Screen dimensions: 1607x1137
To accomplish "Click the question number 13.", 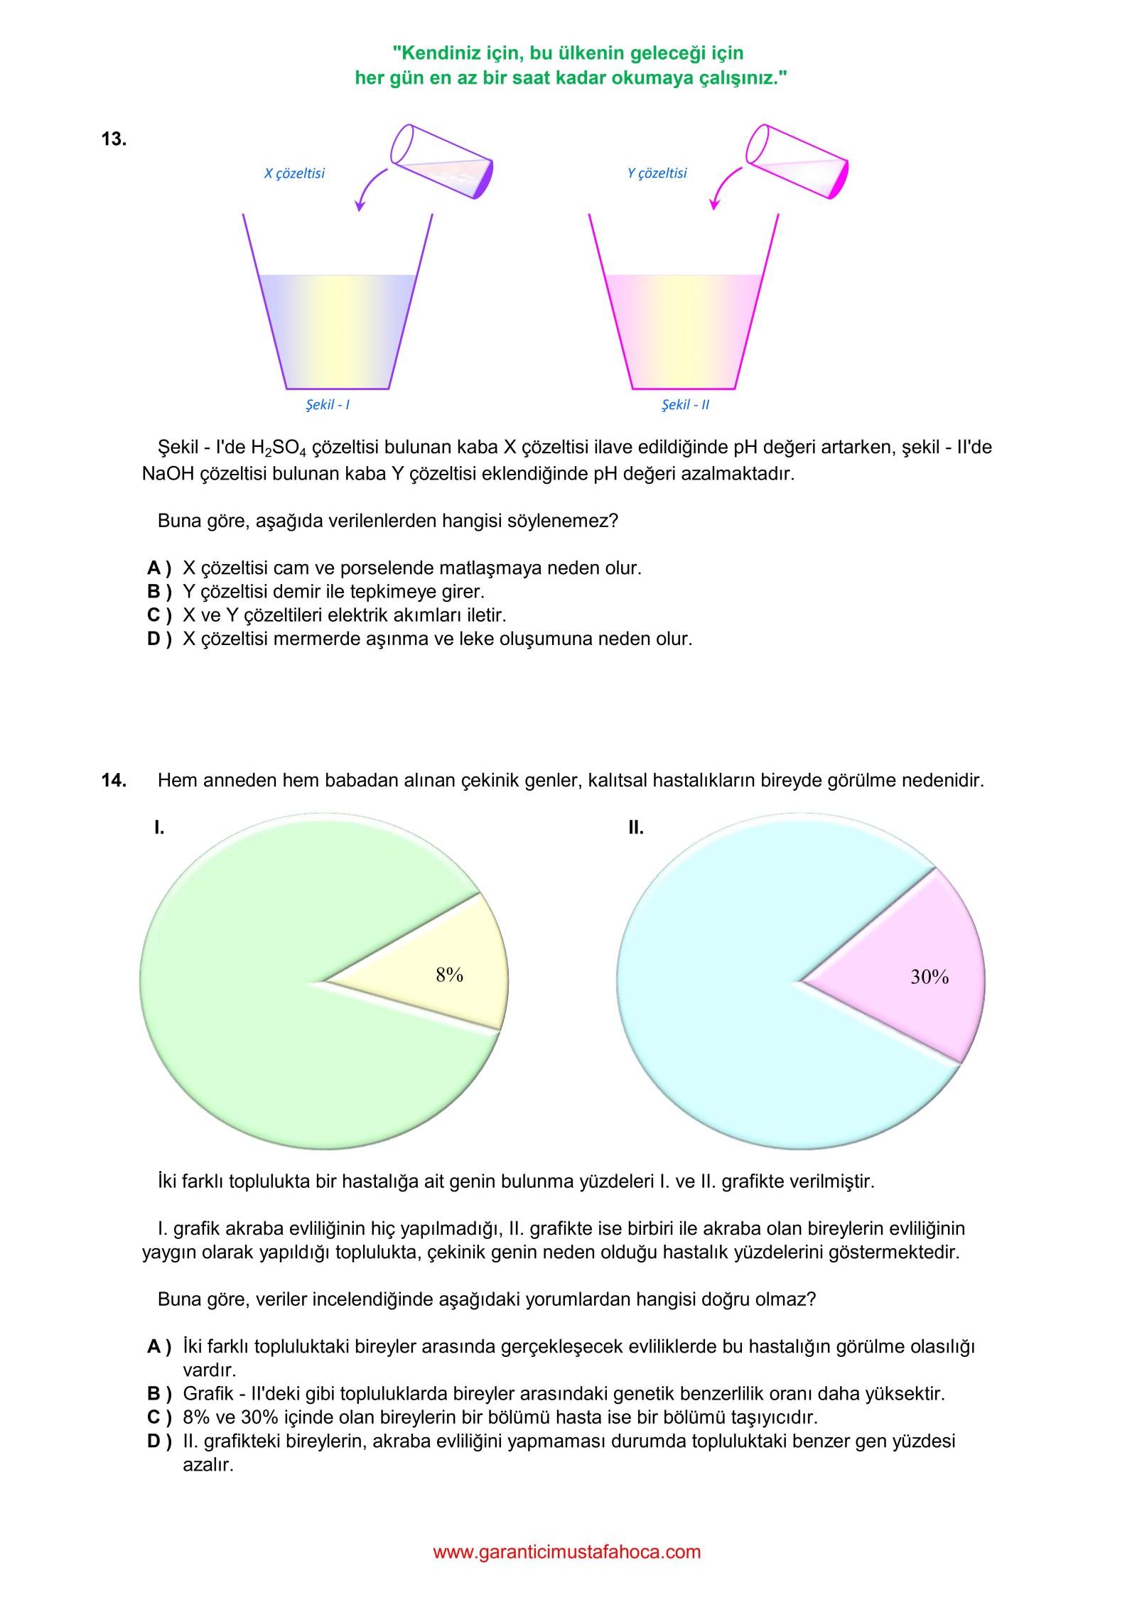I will (x=114, y=139).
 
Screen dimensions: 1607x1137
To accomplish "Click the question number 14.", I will (x=114, y=780).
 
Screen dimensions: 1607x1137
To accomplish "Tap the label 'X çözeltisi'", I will (x=294, y=173).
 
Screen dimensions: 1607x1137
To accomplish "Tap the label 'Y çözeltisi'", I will (x=657, y=173).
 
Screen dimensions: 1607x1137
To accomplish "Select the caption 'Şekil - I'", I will (x=328, y=405).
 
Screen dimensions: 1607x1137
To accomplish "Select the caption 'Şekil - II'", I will (x=685, y=405).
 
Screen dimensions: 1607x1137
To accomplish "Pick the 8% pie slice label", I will (x=449, y=975).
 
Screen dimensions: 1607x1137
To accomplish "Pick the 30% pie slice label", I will (x=929, y=977).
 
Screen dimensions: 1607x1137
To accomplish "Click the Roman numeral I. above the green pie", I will (x=159, y=827).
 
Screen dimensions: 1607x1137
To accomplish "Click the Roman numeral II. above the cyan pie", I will (x=635, y=827).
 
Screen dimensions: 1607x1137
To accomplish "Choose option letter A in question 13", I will (x=158, y=568).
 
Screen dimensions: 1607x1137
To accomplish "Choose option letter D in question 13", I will (x=158, y=639).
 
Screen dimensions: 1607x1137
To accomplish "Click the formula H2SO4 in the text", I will (x=279, y=448).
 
